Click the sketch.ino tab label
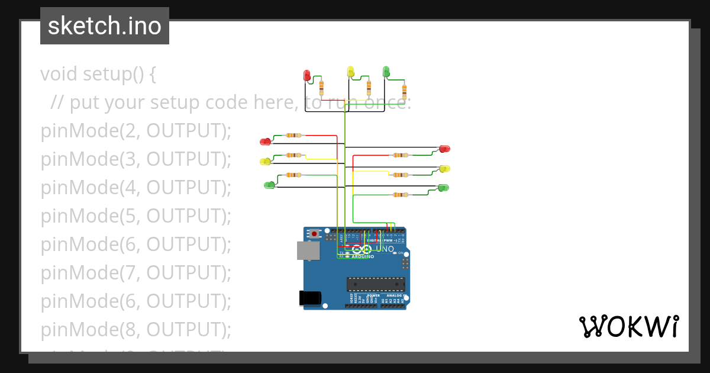[105, 26]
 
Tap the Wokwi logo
[628, 326]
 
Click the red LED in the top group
[306, 75]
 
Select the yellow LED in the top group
[350, 71]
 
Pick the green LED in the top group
[386, 72]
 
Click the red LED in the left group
[265, 142]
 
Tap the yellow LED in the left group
[265, 161]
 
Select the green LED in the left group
[269, 185]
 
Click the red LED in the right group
[444, 149]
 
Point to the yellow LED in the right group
[445, 169]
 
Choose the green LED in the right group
[443, 188]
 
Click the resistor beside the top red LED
[321, 88]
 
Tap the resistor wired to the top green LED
[404, 91]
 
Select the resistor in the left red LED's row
[292, 135]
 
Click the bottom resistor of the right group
[400, 194]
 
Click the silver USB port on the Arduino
[308, 250]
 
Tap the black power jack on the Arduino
[311, 298]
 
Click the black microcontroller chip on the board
[376, 284]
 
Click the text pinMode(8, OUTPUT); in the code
[135, 329]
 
